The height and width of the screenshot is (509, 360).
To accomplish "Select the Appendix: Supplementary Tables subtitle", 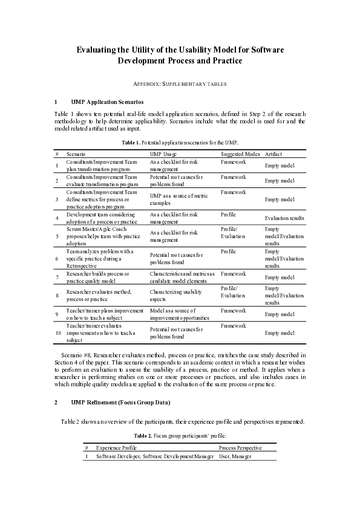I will pyautogui.click(x=180, y=83).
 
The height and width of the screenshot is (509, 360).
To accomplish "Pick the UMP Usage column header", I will pyautogui.click(x=163, y=155).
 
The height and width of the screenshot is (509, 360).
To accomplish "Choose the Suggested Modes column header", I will pyautogui.click(x=240, y=155).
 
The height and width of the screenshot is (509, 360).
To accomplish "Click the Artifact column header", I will pyautogui.click(x=273, y=155).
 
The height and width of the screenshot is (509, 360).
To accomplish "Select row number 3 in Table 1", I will pyautogui.click(x=56, y=199).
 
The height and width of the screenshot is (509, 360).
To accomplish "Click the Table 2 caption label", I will pyautogui.click(x=142, y=435).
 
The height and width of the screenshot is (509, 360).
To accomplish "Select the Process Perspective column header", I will pyautogui.click(x=240, y=448).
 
